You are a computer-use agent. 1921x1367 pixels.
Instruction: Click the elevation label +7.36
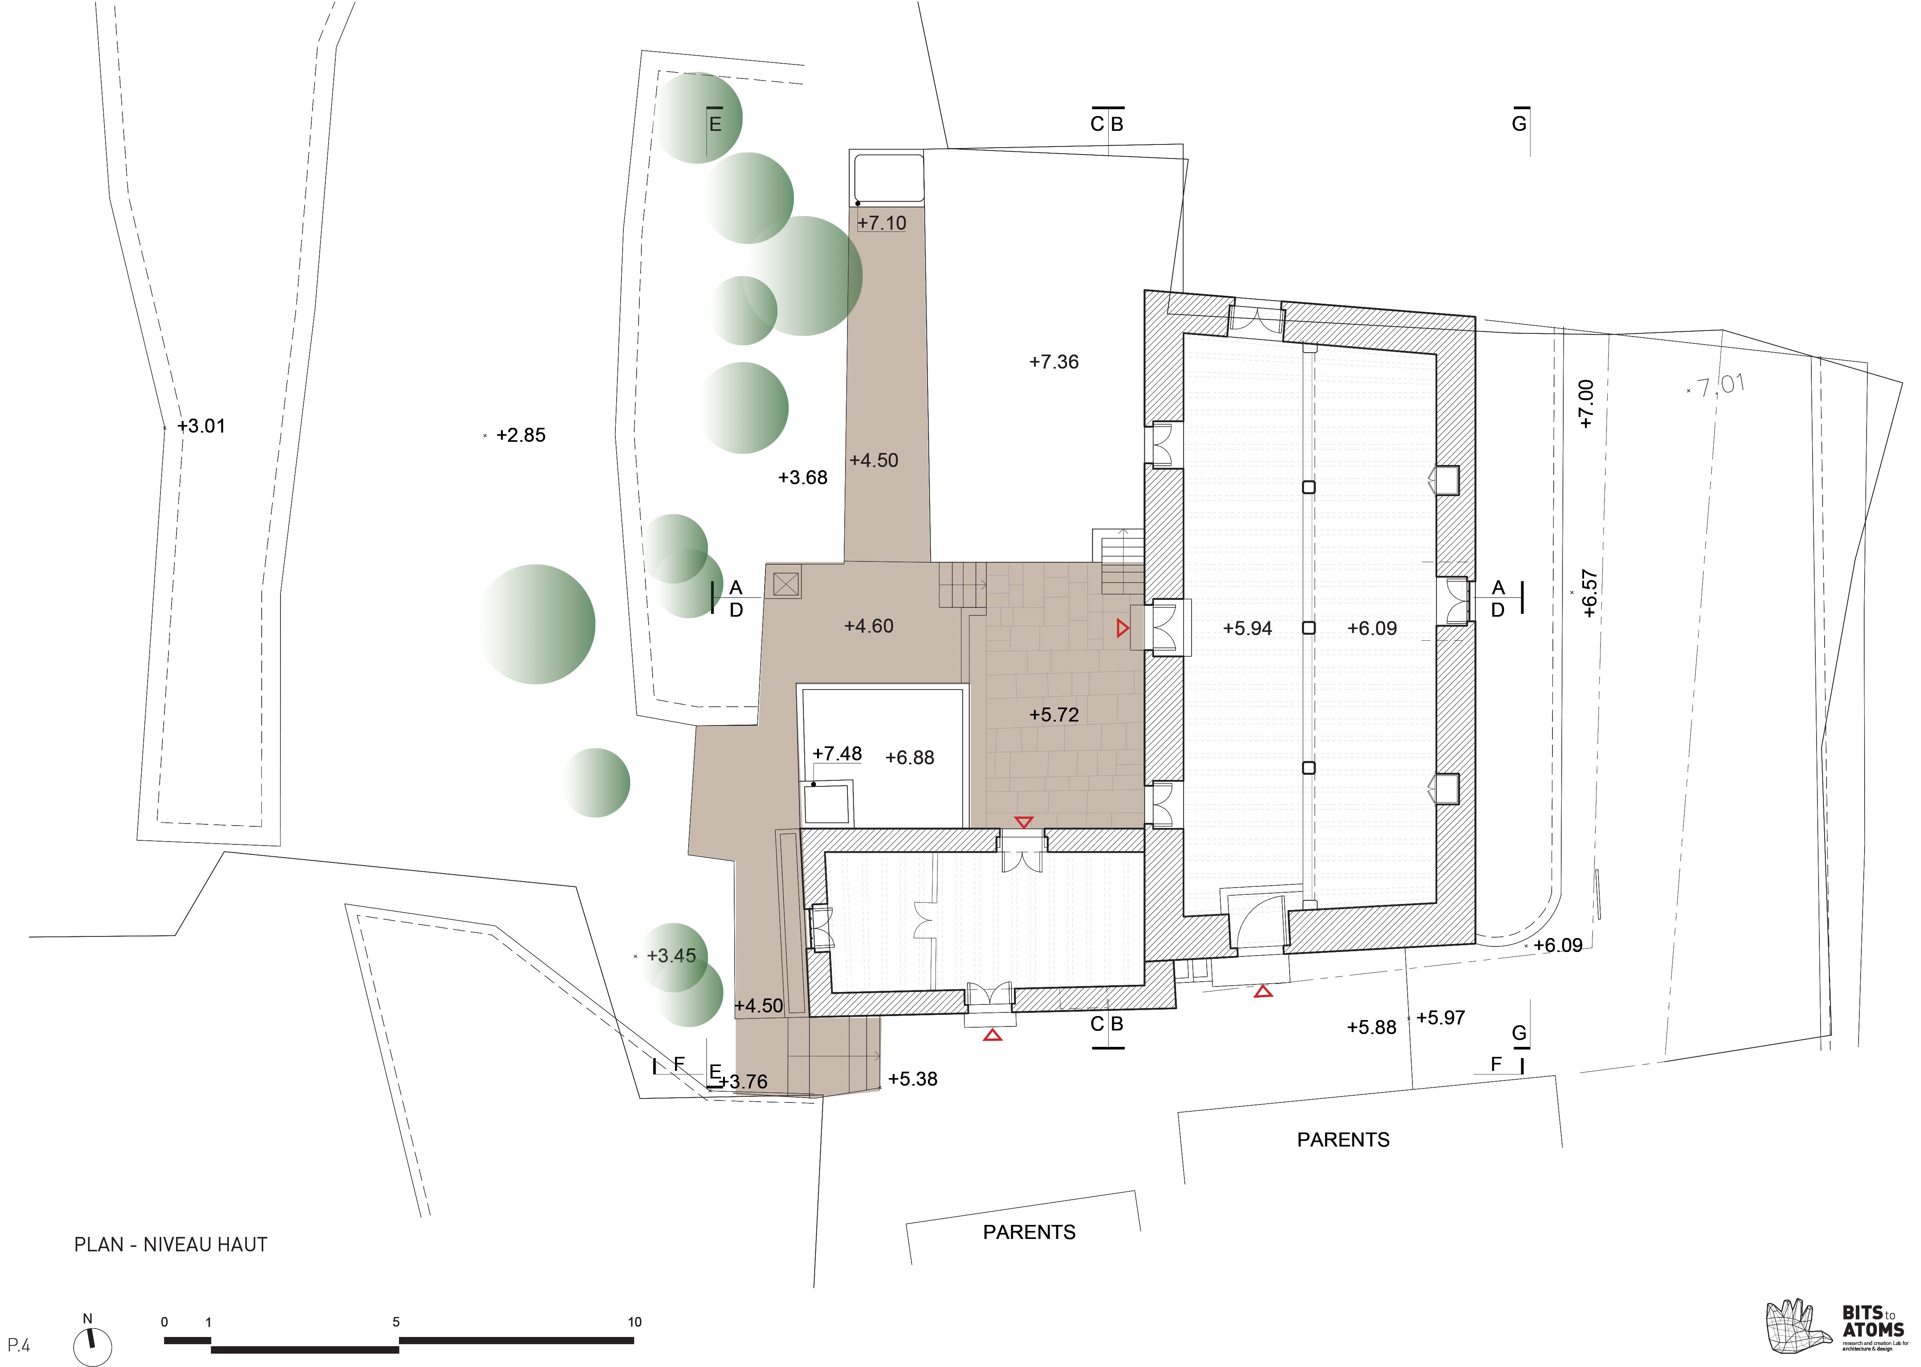point(1054,362)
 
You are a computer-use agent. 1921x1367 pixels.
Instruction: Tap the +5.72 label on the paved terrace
point(1054,715)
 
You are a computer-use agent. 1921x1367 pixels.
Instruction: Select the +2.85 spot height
point(520,435)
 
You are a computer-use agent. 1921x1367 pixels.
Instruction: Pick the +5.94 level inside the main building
point(1247,628)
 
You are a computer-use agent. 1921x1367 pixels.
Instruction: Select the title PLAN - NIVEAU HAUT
point(171,1244)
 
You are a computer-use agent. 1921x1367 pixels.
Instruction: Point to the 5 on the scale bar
point(395,1321)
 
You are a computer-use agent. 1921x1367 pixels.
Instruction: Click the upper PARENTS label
point(1343,1140)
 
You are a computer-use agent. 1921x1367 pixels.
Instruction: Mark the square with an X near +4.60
point(785,583)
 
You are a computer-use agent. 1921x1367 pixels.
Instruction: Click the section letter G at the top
point(1519,124)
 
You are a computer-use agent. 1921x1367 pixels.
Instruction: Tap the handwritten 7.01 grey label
point(1719,386)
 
